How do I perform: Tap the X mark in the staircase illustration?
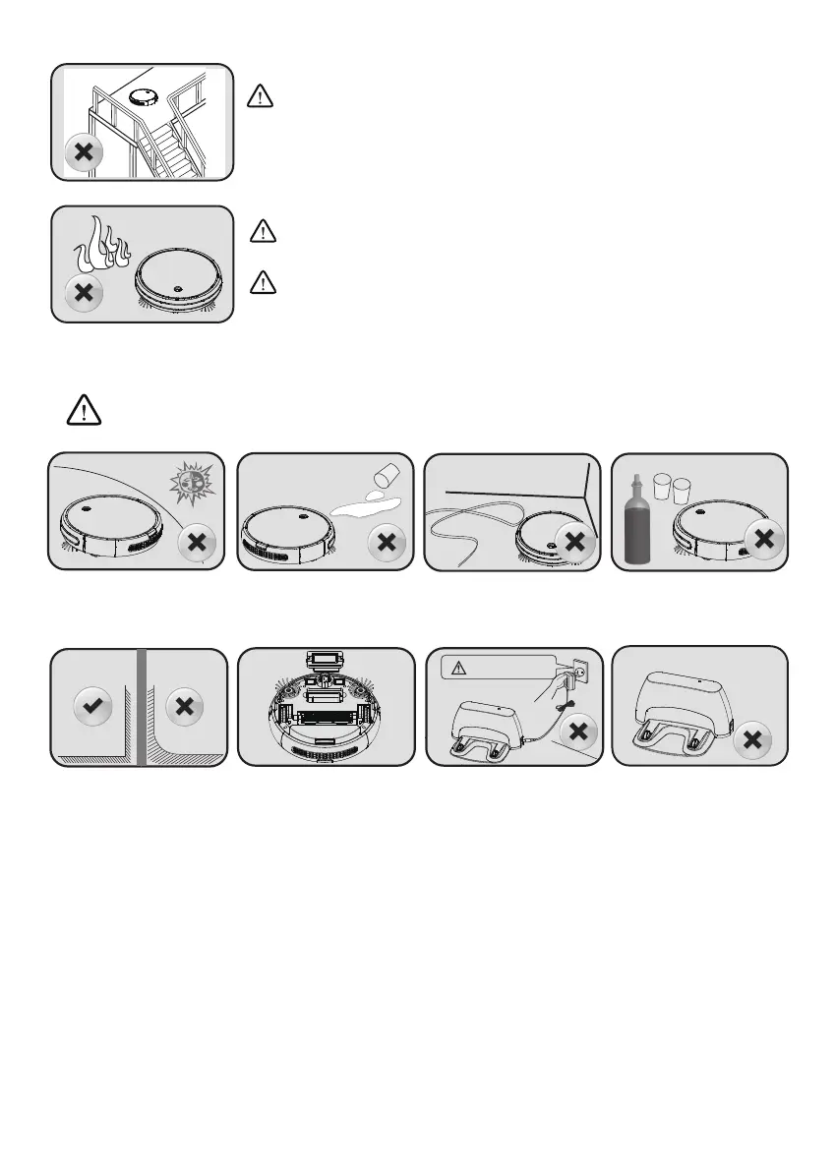tap(85, 155)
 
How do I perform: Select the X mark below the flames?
tap(85, 292)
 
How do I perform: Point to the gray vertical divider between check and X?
tap(142, 706)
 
